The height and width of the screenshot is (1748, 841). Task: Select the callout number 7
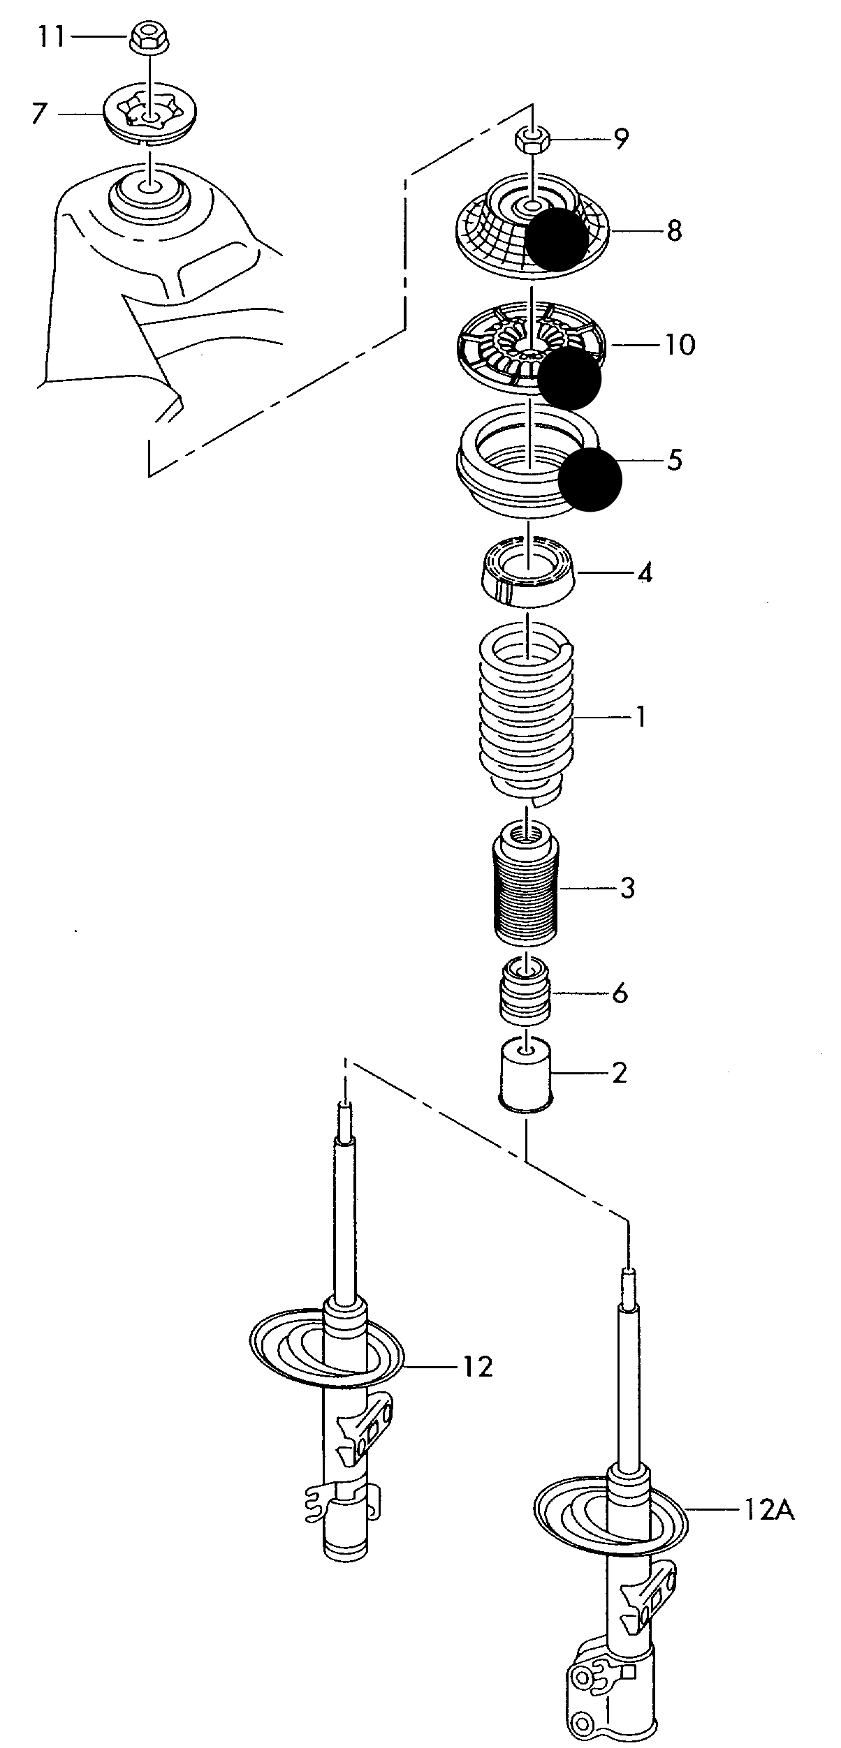pyautogui.click(x=40, y=113)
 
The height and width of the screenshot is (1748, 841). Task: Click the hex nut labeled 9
pyautogui.click(x=532, y=139)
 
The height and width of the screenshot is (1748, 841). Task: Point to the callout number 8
pyautogui.click(x=674, y=230)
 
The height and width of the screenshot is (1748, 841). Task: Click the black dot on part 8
pyautogui.click(x=557, y=239)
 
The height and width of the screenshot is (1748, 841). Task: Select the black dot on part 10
pyautogui.click(x=569, y=378)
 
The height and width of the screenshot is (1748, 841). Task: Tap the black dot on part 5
pyautogui.click(x=590, y=480)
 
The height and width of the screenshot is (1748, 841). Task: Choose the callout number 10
pyautogui.click(x=680, y=344)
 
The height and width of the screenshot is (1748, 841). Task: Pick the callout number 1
pyautogui.click(x=641, y=717)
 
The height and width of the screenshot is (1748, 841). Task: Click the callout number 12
pyautogui.click(x=477, y=1366)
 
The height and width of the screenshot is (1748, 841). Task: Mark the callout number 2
pyautogui.click(x=619, y=1073)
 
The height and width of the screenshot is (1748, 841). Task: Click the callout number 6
pyautogui.click(x=620, y=993)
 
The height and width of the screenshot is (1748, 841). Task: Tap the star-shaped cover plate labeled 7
pyautogui.click(x=149, y=114)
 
